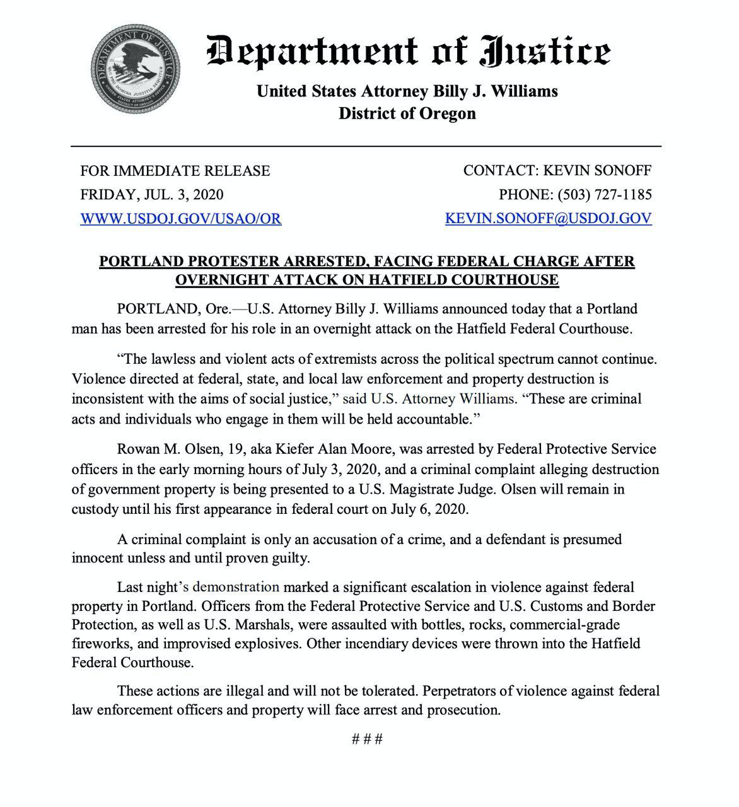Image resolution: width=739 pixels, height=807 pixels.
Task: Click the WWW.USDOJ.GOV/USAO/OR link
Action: [180, 219]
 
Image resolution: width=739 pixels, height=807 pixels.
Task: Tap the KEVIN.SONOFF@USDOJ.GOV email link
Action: [548, 219]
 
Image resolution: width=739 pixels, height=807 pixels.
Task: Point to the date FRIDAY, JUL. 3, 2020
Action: [151, 195]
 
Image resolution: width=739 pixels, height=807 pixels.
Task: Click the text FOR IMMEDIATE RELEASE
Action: [175, 171]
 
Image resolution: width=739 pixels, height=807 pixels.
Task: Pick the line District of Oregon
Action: [407, 113]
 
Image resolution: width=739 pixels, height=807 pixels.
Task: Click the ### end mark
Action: [367, 739]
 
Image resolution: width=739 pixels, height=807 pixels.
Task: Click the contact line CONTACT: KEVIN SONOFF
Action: [557, 171]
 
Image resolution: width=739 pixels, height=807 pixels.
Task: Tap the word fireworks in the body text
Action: [100, 644]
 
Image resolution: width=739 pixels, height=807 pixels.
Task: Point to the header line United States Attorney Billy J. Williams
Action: [407, 91]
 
